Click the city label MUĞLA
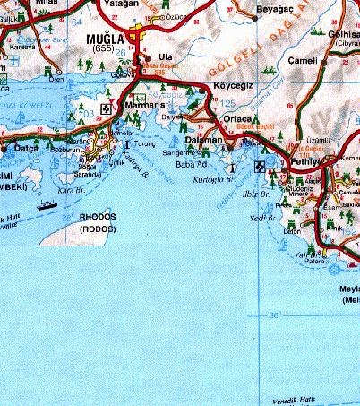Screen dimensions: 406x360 [104, 39]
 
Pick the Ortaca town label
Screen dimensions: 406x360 [239, 120]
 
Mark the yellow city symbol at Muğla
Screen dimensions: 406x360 [135, 36]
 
